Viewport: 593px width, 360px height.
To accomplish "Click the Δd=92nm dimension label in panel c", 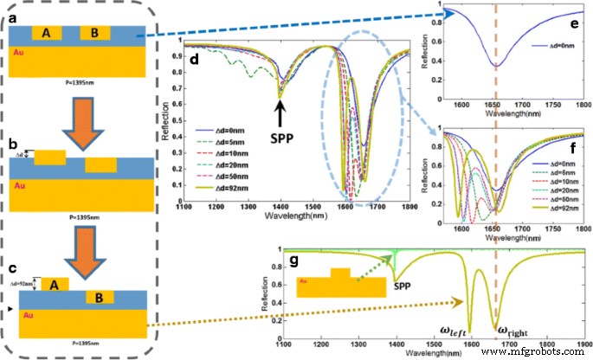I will click(16, 282).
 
